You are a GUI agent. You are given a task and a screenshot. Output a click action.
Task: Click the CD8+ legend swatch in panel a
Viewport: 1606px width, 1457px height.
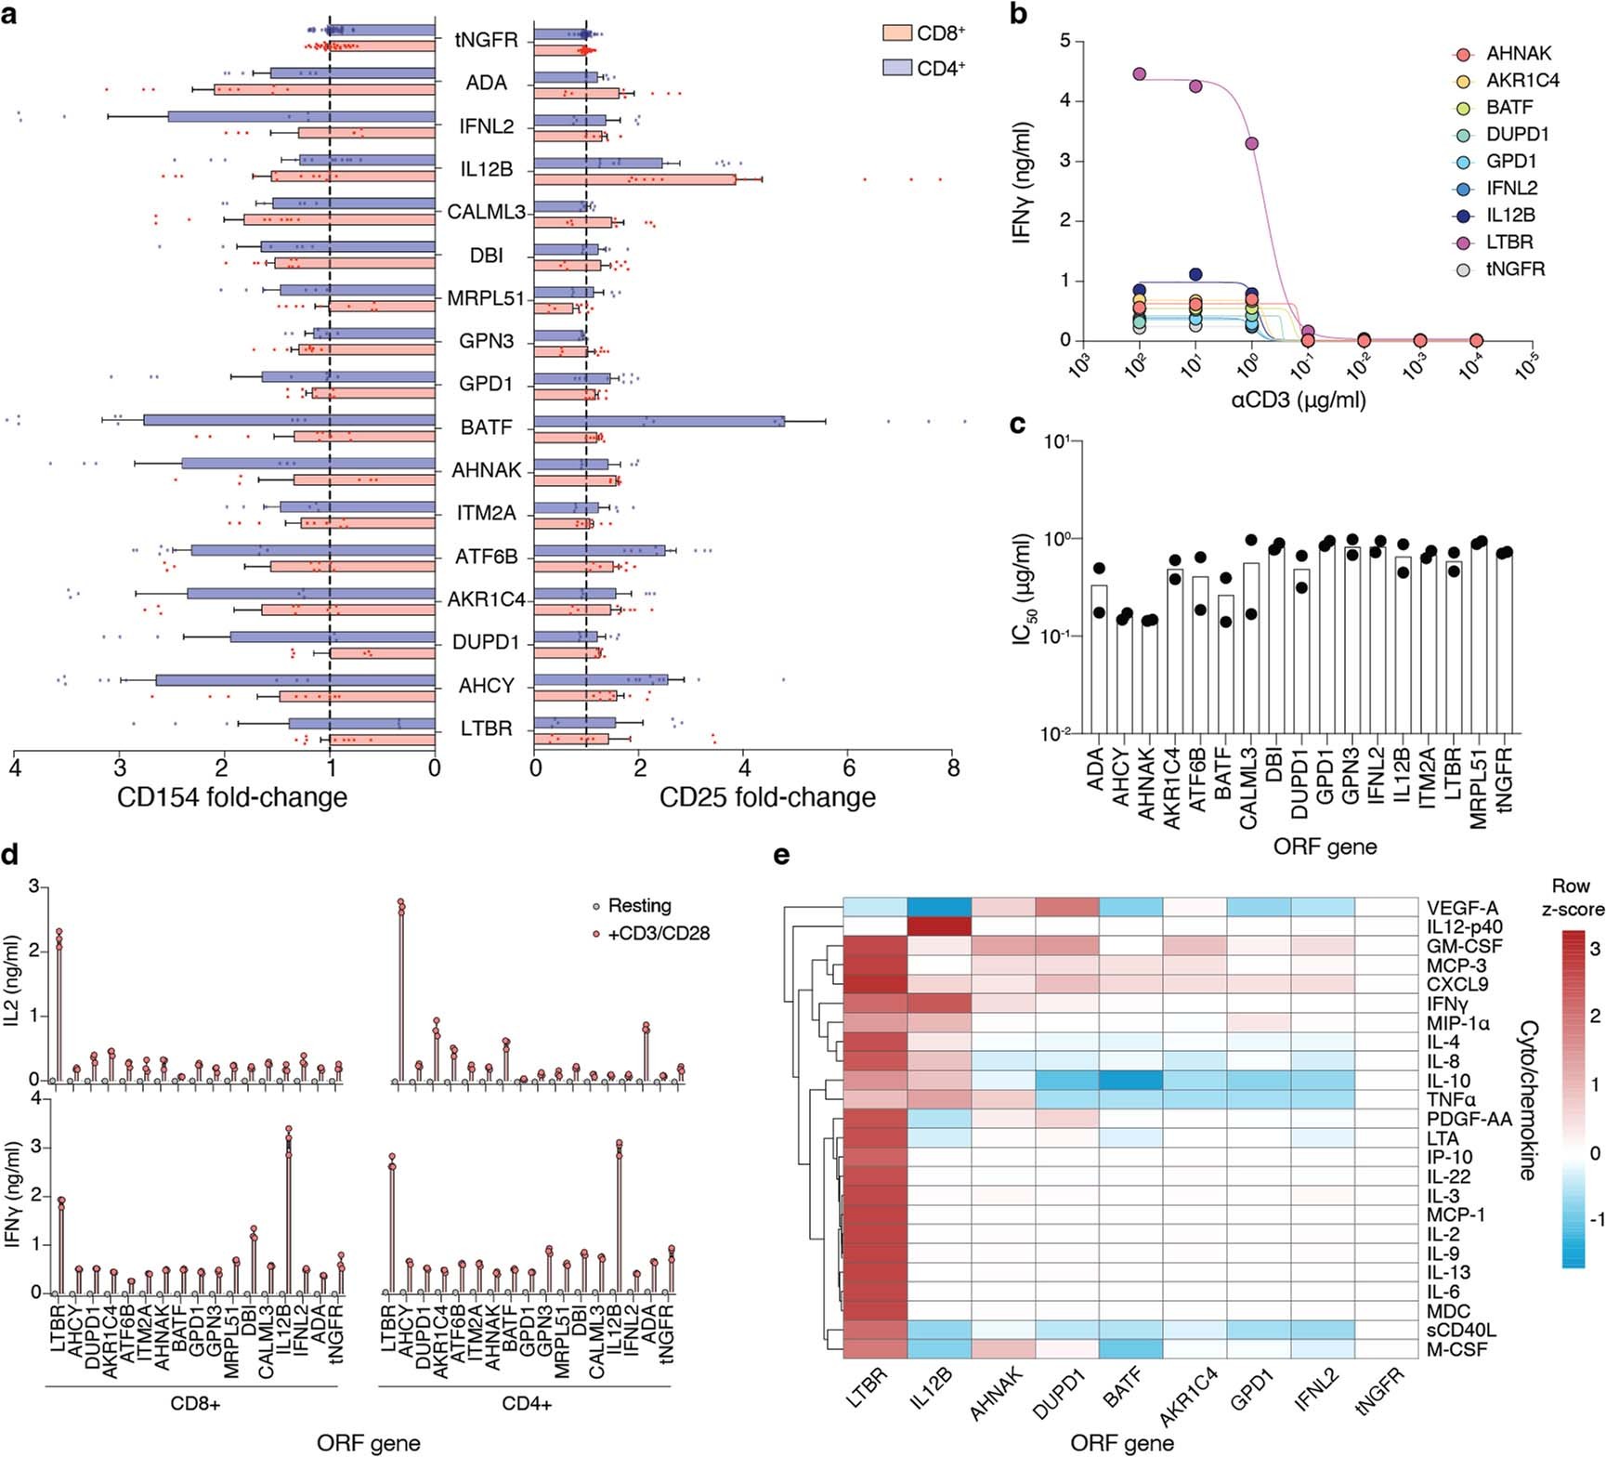896,33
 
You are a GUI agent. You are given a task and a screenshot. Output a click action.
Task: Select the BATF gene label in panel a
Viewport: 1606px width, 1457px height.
486,427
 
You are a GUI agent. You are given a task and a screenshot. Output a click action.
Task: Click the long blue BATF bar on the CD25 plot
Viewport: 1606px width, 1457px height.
659,421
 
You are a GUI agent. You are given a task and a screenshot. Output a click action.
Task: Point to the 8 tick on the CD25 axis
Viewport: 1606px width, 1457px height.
953,768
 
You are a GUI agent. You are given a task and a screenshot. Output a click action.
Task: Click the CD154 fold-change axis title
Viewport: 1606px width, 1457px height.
232,797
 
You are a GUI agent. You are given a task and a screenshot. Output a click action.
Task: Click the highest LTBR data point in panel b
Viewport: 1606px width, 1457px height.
1140,73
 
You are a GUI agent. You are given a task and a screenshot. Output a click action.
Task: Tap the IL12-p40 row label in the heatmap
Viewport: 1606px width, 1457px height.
1465,926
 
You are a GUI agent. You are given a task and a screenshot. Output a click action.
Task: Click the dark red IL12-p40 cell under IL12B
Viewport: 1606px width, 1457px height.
939,926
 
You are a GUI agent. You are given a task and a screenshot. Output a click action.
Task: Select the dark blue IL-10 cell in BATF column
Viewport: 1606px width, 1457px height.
1130,1080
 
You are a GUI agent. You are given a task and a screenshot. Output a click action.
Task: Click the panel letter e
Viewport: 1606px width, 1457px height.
783,853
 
